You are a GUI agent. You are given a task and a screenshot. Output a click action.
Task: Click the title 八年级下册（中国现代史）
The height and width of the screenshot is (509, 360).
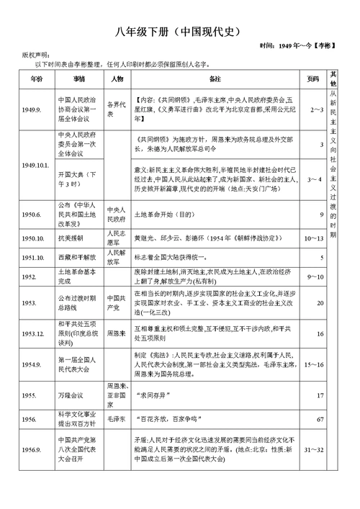tap(181, 32)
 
